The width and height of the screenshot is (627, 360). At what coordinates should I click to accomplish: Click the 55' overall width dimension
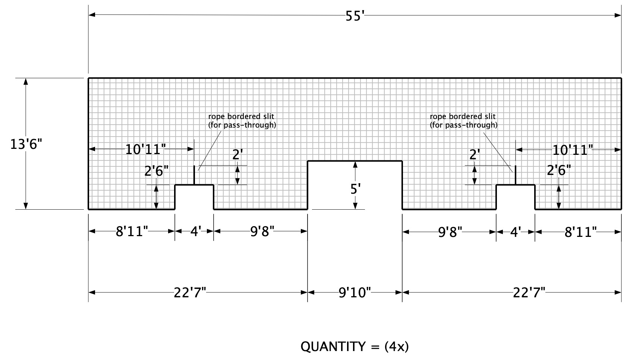[x=355, y=16]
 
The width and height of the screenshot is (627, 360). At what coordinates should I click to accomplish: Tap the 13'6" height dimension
[x=26, y=144]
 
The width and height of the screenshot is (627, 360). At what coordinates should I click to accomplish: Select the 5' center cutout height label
[x=356, y=189]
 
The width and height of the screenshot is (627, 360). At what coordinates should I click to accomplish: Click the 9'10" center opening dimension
[x=355, y=292]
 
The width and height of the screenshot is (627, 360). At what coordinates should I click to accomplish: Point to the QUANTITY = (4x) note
[x=355, y=347]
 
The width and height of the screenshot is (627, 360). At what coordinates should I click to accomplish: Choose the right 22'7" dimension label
[x=529, y=293]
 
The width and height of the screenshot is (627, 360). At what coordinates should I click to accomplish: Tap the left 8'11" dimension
[x=132, y=232]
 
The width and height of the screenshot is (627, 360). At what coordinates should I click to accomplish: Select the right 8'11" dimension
[x=580, y=232]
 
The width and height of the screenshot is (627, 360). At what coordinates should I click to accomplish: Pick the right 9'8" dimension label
[x=450, y=232]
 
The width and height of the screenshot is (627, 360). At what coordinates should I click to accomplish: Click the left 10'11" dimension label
[x=145, y=149]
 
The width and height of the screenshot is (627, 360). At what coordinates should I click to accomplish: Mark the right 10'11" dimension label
[x=573, y=150]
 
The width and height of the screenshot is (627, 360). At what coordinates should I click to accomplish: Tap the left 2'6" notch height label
[x=157, y=171]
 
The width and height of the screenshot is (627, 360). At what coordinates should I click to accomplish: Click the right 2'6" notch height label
[x=559, y=170]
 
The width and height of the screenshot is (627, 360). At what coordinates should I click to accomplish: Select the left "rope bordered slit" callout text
[x=242, y=121]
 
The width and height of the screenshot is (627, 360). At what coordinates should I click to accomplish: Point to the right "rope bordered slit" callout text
[x=464, y=121]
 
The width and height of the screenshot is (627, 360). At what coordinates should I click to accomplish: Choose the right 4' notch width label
[x=516, y=232]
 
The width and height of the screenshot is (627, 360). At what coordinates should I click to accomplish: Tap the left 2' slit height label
[x=238, y=154]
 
